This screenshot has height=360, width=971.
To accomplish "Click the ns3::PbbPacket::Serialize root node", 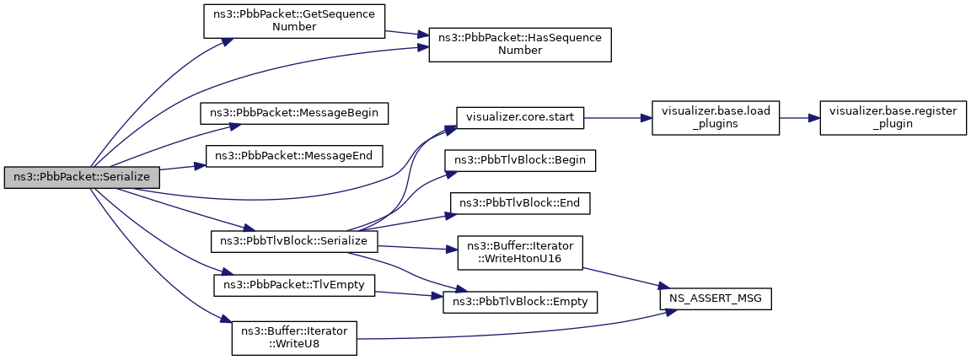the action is point(82,177).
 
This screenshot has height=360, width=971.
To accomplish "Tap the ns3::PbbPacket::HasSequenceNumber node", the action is point(520,45).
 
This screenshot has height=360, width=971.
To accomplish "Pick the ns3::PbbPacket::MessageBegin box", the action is point(293,114).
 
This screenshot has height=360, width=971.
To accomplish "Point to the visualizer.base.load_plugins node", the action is point(715,118).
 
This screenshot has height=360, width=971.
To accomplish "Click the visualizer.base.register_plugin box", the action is point(893,118).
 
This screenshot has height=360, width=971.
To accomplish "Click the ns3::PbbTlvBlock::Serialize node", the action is point(293,241).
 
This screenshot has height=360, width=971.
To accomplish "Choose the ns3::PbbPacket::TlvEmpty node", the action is point(293,285).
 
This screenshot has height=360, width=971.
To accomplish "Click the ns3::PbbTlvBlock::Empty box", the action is point(520,303).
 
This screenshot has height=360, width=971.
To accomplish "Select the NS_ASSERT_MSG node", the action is point(715,300).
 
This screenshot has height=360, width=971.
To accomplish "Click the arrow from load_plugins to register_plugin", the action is point(799,118).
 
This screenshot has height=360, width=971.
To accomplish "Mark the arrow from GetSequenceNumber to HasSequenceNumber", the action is point(407,34).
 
